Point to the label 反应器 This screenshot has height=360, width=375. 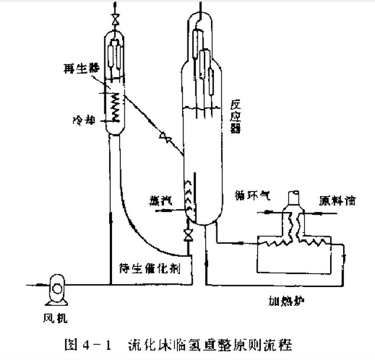(x=235, y=115)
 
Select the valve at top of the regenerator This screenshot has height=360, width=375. (x=114, y=23)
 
